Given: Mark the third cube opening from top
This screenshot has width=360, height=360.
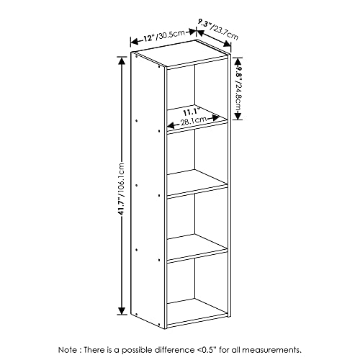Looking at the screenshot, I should [196, 216].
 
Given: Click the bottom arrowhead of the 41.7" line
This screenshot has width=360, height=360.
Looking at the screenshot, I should [120, 314].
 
